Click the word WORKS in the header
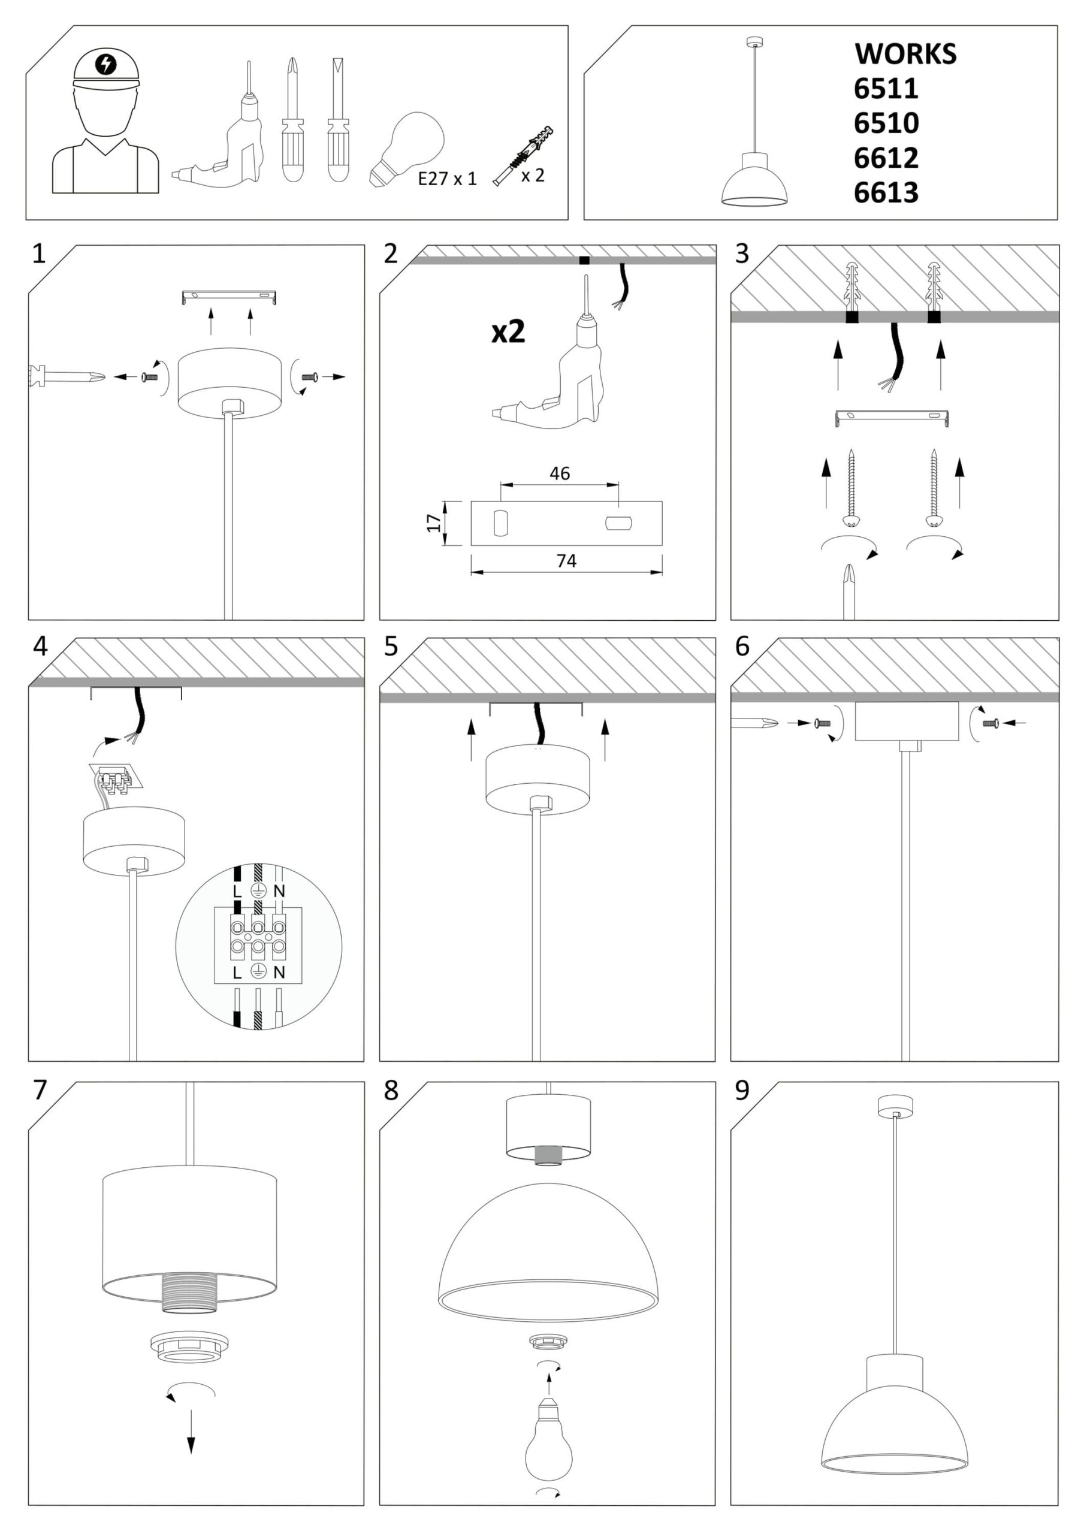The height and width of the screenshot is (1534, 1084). coord(905,54)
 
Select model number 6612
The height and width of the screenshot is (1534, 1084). coord(886,158)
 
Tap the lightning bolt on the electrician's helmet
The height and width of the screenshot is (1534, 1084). coord(105,64)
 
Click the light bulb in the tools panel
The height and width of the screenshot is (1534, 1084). coord(406,149)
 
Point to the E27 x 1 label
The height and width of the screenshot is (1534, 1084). coord(447,179)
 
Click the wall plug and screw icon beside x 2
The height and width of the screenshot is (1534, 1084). coord(523,155)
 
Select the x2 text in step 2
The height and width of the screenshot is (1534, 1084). coord(508,332)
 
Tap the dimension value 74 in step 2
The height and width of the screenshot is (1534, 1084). coord(566,560)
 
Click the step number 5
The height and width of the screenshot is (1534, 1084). coord(391,646)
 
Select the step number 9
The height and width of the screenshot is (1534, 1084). coord(742,1091)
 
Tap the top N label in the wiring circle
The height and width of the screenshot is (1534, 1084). coord(279,890)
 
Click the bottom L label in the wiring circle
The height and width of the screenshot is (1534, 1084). coord(237,973)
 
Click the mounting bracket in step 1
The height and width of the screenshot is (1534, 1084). coord(230,297)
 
